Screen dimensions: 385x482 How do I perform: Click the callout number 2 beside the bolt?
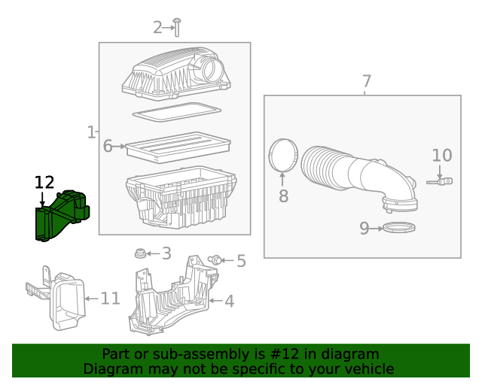click(157, 28)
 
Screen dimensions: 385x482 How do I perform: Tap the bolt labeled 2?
click(175, 27)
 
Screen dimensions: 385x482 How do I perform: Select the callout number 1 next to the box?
click(91, 133)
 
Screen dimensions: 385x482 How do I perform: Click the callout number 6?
click(108, 146)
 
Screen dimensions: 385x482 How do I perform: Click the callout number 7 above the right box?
click(366, 81)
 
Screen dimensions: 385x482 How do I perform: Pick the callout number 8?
click(283, 197)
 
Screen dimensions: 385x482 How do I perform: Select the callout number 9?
click(365, 228)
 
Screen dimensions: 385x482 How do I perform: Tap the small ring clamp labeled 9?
click(399, 228)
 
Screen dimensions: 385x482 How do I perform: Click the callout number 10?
click(441, 156)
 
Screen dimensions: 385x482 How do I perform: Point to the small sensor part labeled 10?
click(442, 180)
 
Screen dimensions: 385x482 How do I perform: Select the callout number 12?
click(44, 182)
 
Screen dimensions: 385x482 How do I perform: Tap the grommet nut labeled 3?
click(139, 253)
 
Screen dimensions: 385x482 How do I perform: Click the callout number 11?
click(110, 299)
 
